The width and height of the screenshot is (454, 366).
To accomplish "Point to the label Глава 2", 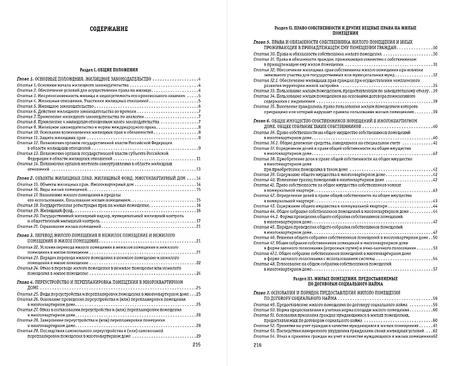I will point(29,177).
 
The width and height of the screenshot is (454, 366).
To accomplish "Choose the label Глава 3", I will point(29,233).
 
